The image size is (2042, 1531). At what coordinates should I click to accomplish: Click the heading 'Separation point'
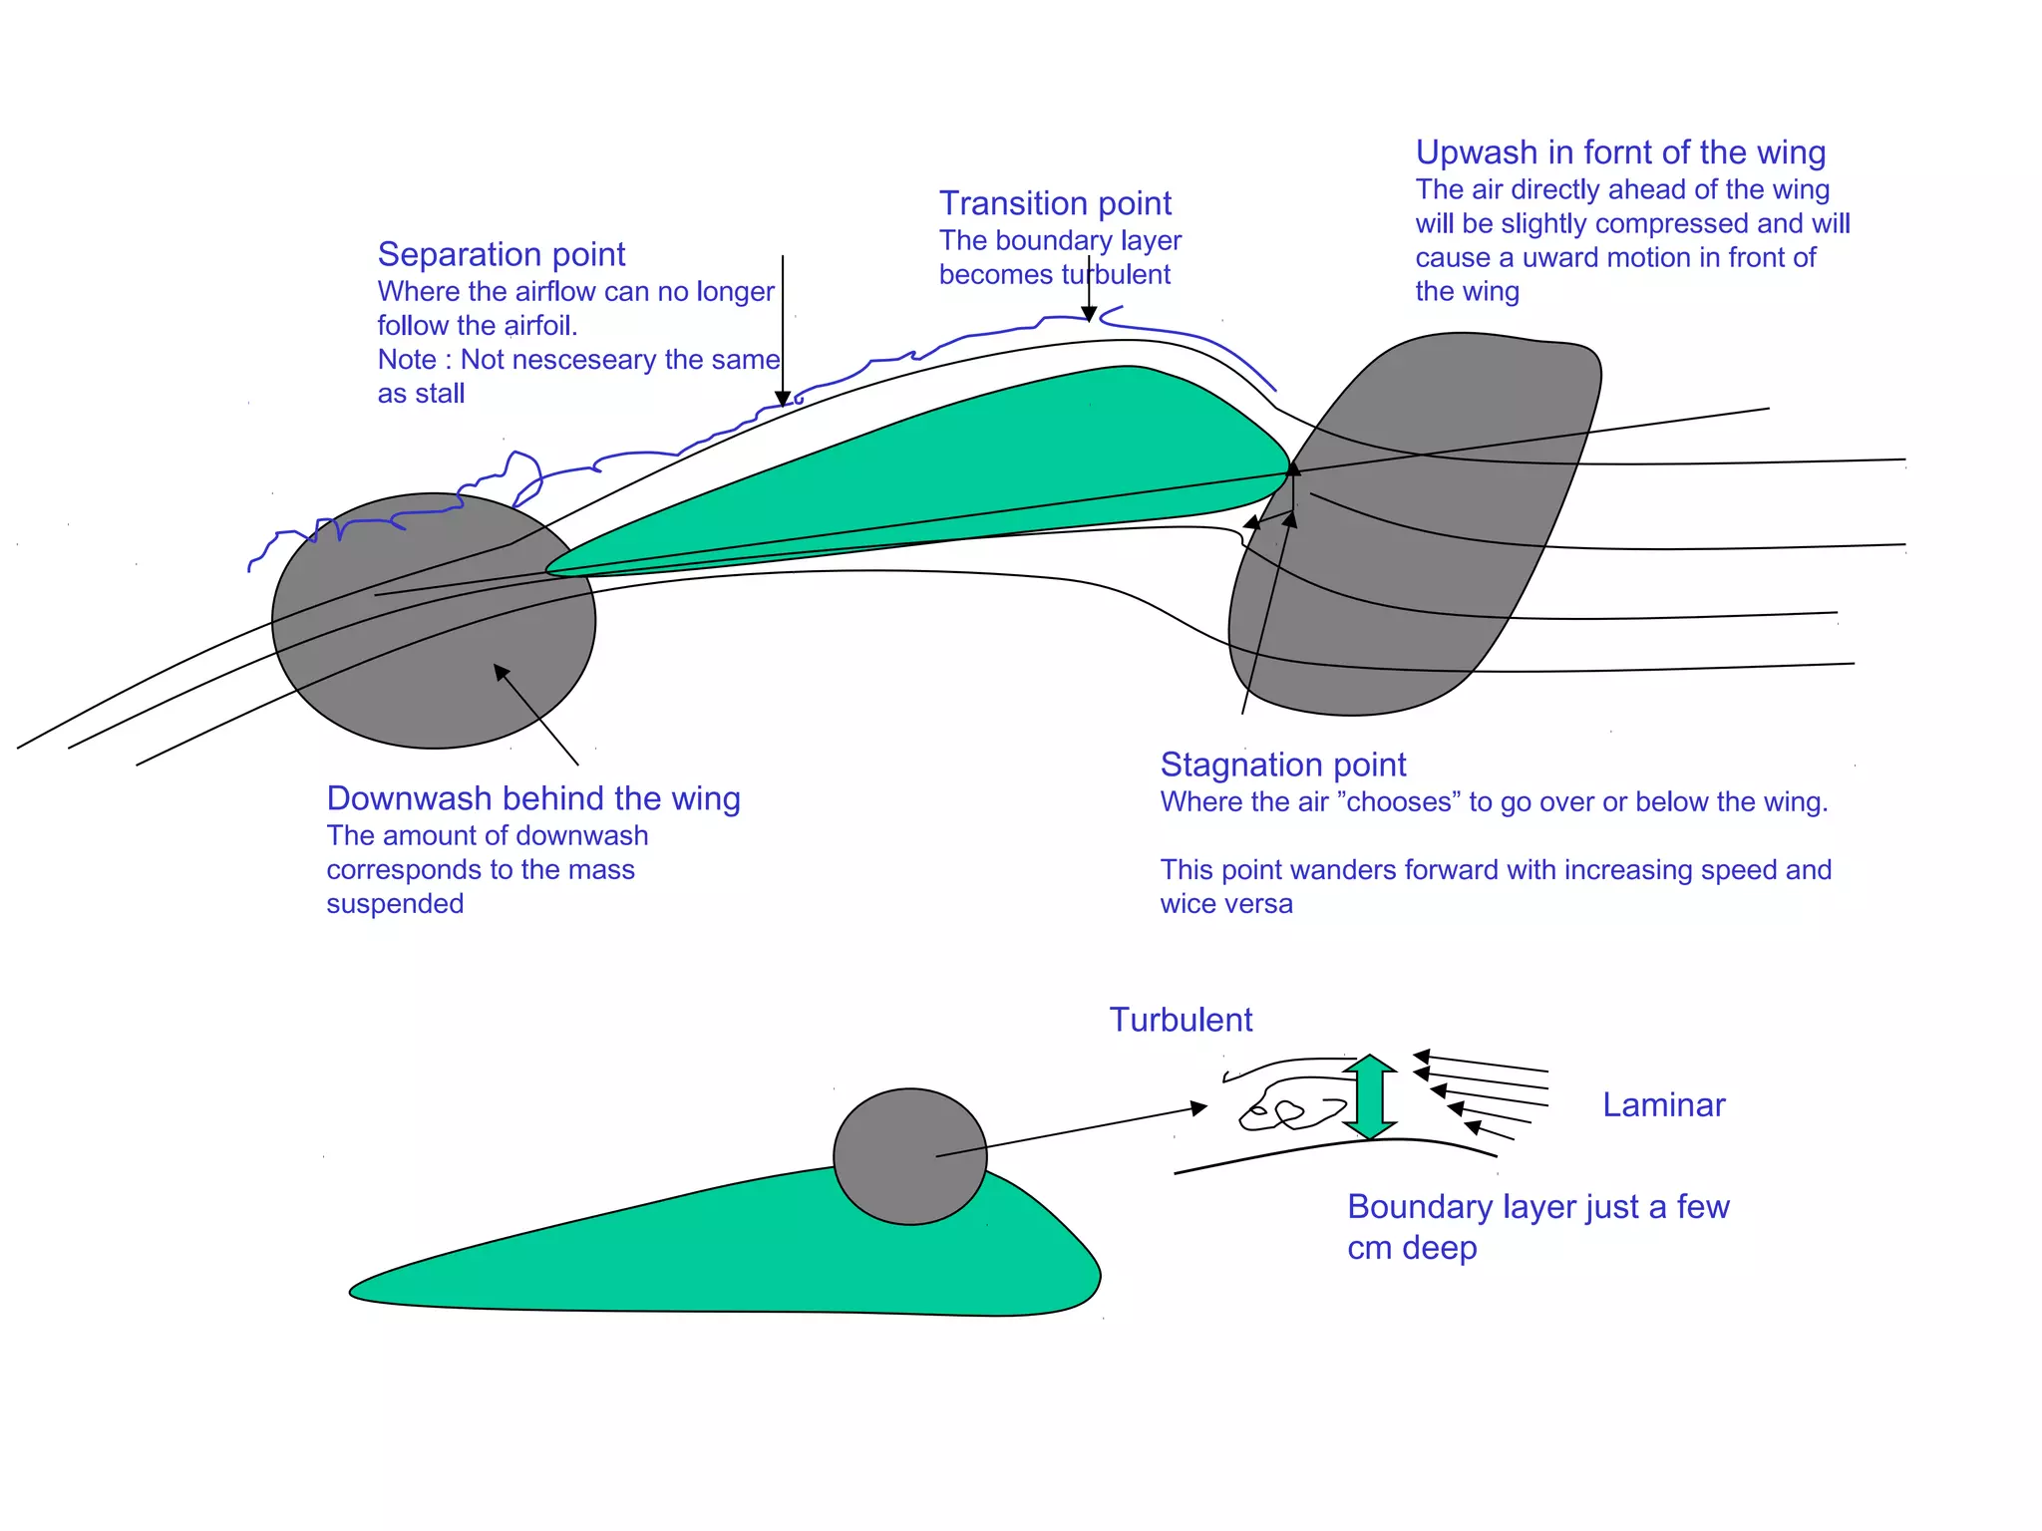click(x=501, y=255)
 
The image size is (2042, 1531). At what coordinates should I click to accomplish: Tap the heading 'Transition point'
click(x=1055, y=204)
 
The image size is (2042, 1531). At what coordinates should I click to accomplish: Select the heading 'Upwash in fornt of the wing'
click(x=1620, y=153)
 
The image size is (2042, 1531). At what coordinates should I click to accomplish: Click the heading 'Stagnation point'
click(x=1283, y=765)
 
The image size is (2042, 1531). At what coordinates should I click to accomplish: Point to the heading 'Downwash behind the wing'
click(x=533, y=799)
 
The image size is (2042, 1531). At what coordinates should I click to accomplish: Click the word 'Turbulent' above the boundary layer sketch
click(x=1181, y=1021)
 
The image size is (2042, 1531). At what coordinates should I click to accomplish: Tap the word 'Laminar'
click(x=1663, y=1105)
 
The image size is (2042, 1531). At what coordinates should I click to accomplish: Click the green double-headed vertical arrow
click(x=1369, y=1097)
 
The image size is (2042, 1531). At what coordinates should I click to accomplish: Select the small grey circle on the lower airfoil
click(x=909, y=1156)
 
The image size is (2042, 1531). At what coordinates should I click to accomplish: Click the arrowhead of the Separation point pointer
click(x=783, y=399)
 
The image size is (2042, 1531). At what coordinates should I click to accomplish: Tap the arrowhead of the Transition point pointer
click(x=1089, y=314)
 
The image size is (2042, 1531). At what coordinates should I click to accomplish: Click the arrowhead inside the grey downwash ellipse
click(x=502, y=673)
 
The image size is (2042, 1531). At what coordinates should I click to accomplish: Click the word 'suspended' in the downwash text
click(x=395, y=904)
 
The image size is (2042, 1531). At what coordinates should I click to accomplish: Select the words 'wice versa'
click(x=1226, y=904)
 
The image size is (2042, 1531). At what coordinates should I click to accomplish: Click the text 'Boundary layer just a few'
click(x=1537, y=1207)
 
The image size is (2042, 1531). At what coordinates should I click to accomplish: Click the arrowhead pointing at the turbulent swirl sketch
click(x=1199, y=1107)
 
